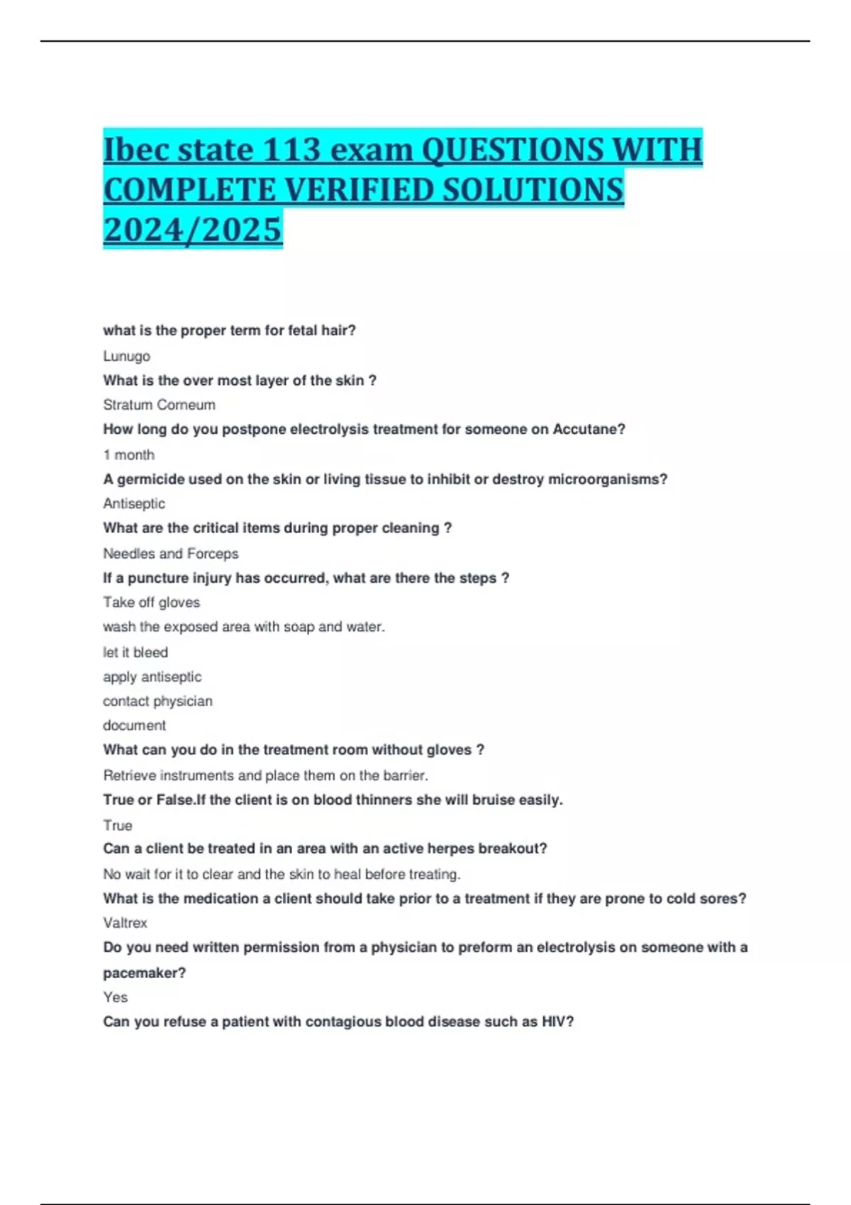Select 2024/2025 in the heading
[x=192, y=230]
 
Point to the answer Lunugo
[x=126, y=356]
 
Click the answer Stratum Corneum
[x=159, y=405]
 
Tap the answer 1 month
[x=128, y=454]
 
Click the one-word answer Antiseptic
[x=133, y=503]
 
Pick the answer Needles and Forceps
[x=170, y=554]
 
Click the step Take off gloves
[x=151, y=602]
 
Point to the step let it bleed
[x=135, y=652]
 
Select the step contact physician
[x=157, y=701]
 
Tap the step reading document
[x=134, y=725]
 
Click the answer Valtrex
[x=125, y=923]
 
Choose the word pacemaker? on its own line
[x=144, y=973]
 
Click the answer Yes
[x=115, y=997]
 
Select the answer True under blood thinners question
[x=117, y=825]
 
